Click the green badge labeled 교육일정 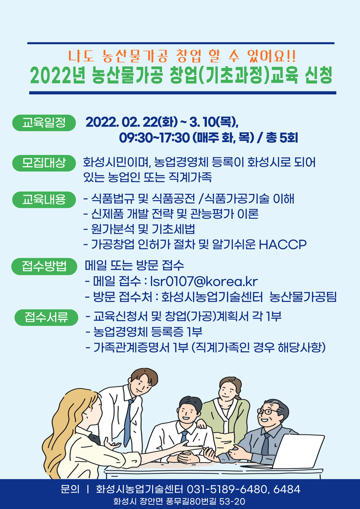click(x=44, y=123)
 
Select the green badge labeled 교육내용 click(x=44, y=200)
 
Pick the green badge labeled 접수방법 click(x=44, y=267)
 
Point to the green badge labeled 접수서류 click(x=46, y=318)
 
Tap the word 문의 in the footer click(x=70, y=489)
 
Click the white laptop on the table click(x=298, y=452)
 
